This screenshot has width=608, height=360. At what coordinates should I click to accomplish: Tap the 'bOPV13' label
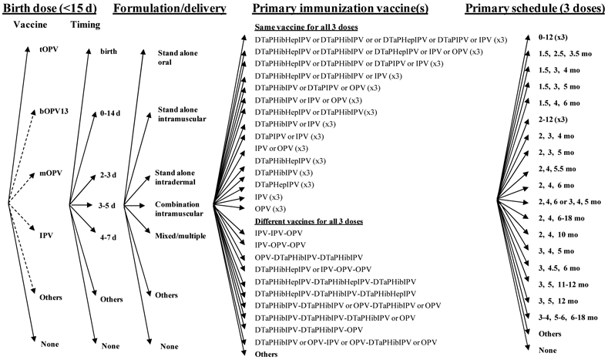coord(52,112)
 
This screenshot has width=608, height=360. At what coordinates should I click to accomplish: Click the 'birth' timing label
coord(108,52)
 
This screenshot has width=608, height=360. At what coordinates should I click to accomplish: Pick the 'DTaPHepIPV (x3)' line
coord(283,184)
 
